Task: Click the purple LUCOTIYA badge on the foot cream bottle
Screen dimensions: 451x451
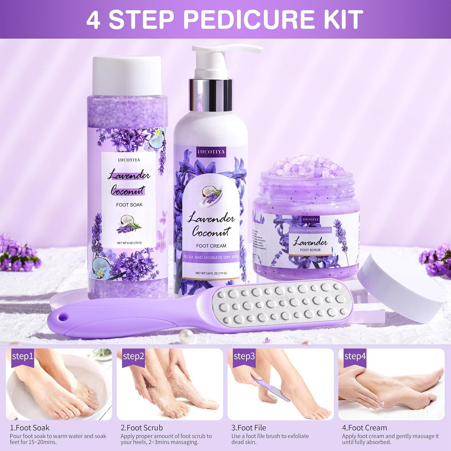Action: pyautogui.click(x=211, y=152)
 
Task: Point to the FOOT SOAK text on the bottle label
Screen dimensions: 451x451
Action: pyautogui.click(x=129, y=205)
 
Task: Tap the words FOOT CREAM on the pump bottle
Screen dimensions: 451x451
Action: pyautogui.click(x=211, y=246)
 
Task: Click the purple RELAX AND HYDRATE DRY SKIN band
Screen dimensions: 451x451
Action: pyautogui.click(x=211, y=257)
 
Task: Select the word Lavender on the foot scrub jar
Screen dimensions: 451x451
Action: pyautogui.click(x=310, y=242)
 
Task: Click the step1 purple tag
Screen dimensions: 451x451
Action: pyautogui.click(x=22, y=356)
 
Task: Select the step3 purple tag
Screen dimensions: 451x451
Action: pyautogui.click(x=244, y=356)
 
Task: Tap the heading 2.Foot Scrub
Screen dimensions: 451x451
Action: pyautogui.click(x=142, y=428)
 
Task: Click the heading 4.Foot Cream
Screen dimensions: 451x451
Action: pyautogui.click(x=364, y=428)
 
